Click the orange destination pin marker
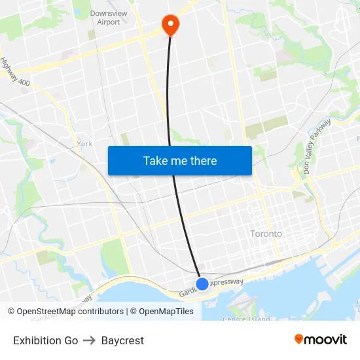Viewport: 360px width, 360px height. click(170, 24)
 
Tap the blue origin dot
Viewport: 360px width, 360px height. click(202, 283)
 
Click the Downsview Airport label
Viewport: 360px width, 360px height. click(105, 18)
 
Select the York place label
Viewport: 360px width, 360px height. click(84, 143)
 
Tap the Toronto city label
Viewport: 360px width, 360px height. click(266, 234)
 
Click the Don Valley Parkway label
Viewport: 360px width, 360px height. click(317, 146)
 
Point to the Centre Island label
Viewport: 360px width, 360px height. click(246, 319)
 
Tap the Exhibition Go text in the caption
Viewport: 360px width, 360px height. click(45, 340)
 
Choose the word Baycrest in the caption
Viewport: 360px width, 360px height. click(122, 340)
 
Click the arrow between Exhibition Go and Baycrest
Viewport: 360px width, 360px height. click(89, 340)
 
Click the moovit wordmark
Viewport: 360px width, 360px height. click(326, 339)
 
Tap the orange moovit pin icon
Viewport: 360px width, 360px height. click(299, 339)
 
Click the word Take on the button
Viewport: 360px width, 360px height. click(155, 161)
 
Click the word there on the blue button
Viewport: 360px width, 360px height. click(202, 161)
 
